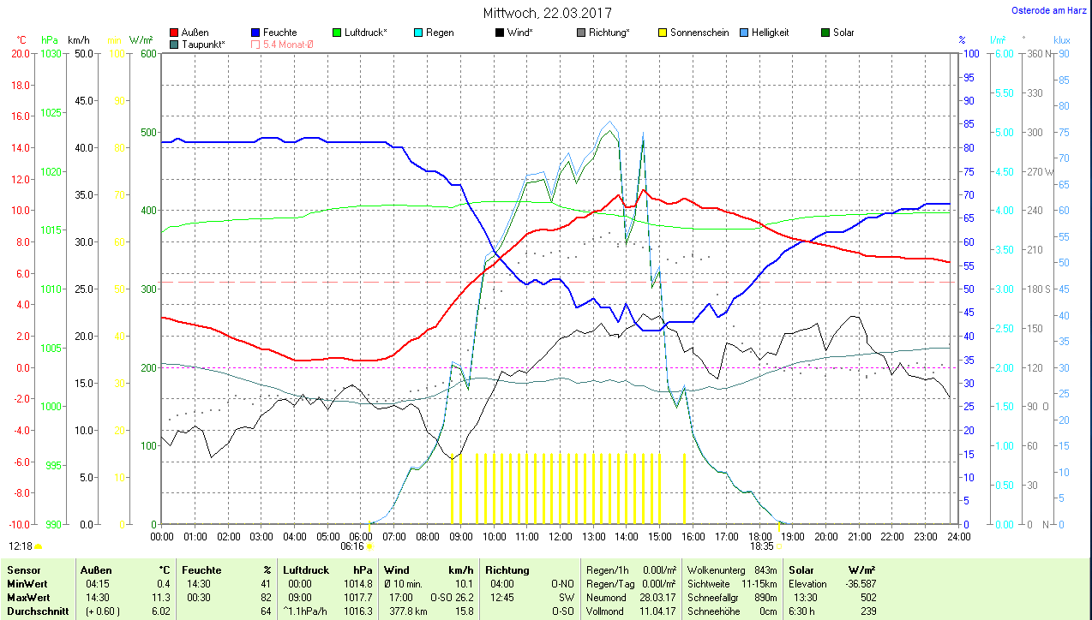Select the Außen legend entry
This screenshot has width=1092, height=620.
195,33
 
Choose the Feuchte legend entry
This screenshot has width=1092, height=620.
280,33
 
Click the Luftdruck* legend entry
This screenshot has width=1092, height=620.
365,33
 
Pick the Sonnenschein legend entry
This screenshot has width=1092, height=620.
699,33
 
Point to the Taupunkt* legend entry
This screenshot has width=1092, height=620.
203,44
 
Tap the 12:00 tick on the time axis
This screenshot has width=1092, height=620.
560,536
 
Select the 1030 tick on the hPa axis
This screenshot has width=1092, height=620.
51,53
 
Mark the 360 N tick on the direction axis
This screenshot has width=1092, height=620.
1041,53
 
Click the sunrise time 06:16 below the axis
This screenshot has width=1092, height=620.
352,545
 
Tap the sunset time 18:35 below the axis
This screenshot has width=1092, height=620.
762,545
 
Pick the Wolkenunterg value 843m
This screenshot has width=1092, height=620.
765,570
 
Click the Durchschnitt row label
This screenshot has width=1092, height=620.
37,611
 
